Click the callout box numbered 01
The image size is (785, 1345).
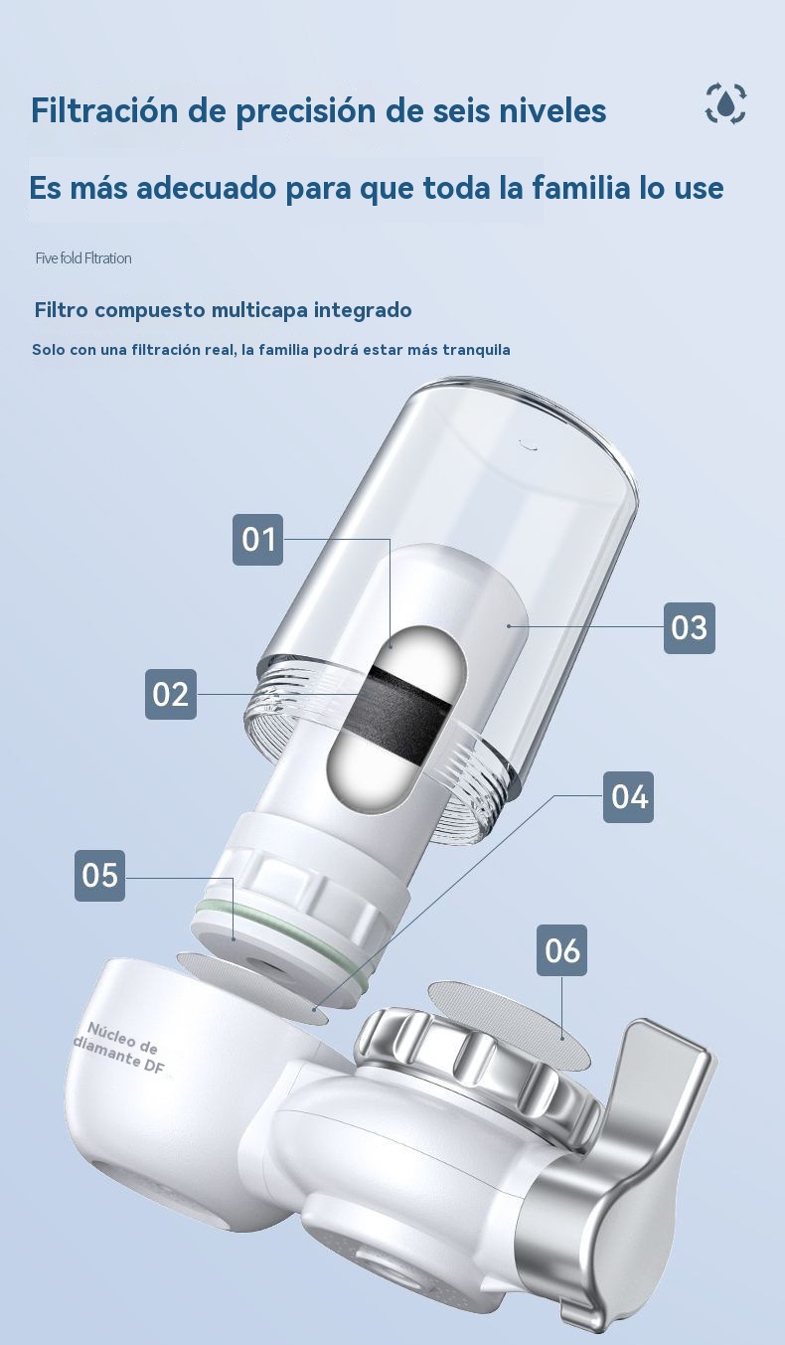coord(258,539)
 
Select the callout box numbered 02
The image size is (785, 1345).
coord(171,694)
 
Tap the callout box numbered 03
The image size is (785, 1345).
coord(690,628)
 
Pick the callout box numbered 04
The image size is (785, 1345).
coord(628,797)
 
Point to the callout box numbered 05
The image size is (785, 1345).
coord(99,876)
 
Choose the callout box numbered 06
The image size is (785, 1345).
coord(561,950)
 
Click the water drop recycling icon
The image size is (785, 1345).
coord(725,103)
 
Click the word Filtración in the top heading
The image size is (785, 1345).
coord(104,110)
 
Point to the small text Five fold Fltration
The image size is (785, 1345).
coord(83,258)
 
